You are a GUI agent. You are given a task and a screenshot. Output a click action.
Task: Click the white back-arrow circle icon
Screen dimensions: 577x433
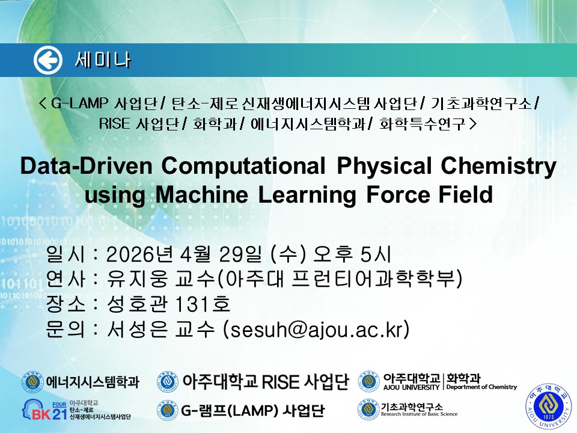tap(48, 60)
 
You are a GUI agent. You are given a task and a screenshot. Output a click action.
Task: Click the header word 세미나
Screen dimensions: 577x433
tap(103, 60)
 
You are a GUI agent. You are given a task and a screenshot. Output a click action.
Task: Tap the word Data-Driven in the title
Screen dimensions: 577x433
tap(87, 165)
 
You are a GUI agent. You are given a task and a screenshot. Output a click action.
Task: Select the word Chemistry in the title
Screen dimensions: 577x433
tap(499, 167)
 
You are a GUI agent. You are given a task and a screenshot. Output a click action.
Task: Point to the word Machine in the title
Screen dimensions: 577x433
tap(202, 194)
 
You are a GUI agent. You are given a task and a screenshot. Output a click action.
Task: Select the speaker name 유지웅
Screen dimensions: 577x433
tap(137, 278)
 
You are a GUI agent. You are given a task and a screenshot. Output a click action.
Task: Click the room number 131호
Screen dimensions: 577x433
tap(203, 304)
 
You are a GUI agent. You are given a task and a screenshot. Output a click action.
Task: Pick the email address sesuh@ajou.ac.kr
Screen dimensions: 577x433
tap(317, 329)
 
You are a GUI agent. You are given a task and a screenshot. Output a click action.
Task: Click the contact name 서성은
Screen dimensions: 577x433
tap(137, 329)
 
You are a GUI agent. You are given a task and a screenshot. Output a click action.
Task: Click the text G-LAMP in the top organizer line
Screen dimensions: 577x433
tap(79, 103)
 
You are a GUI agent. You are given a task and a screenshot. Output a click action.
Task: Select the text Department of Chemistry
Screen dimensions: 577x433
tap(481, 387)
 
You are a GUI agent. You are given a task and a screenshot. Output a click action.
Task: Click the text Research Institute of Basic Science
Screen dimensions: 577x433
tap(419, 414)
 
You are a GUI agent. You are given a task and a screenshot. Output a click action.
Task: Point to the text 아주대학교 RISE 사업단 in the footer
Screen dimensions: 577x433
tap(266, 381)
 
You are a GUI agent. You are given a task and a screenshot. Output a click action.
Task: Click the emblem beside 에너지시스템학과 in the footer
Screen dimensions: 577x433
tap(32, 382)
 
